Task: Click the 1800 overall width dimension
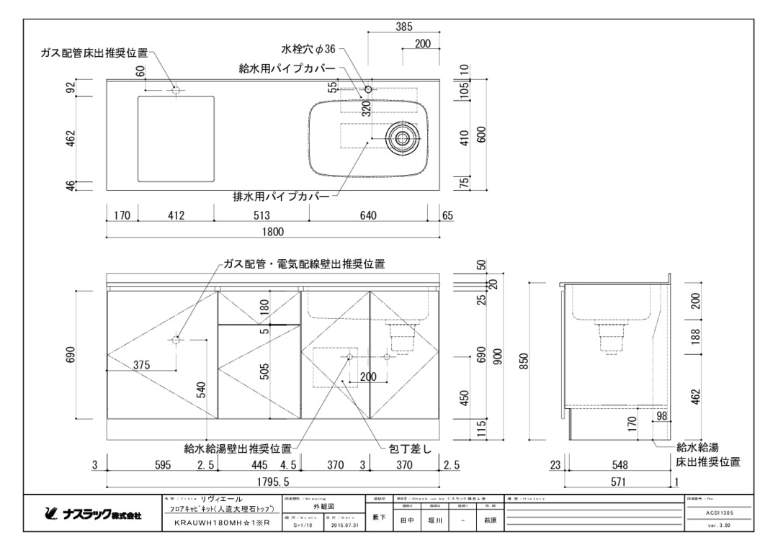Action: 273,231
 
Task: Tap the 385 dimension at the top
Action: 404,27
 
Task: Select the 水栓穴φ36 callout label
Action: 309,49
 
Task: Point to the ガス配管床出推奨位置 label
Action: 94,53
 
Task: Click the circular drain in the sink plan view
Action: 401,137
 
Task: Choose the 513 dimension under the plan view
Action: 261,215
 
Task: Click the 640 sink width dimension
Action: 369,215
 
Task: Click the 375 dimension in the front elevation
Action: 142,365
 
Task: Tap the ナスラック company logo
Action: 93,515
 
